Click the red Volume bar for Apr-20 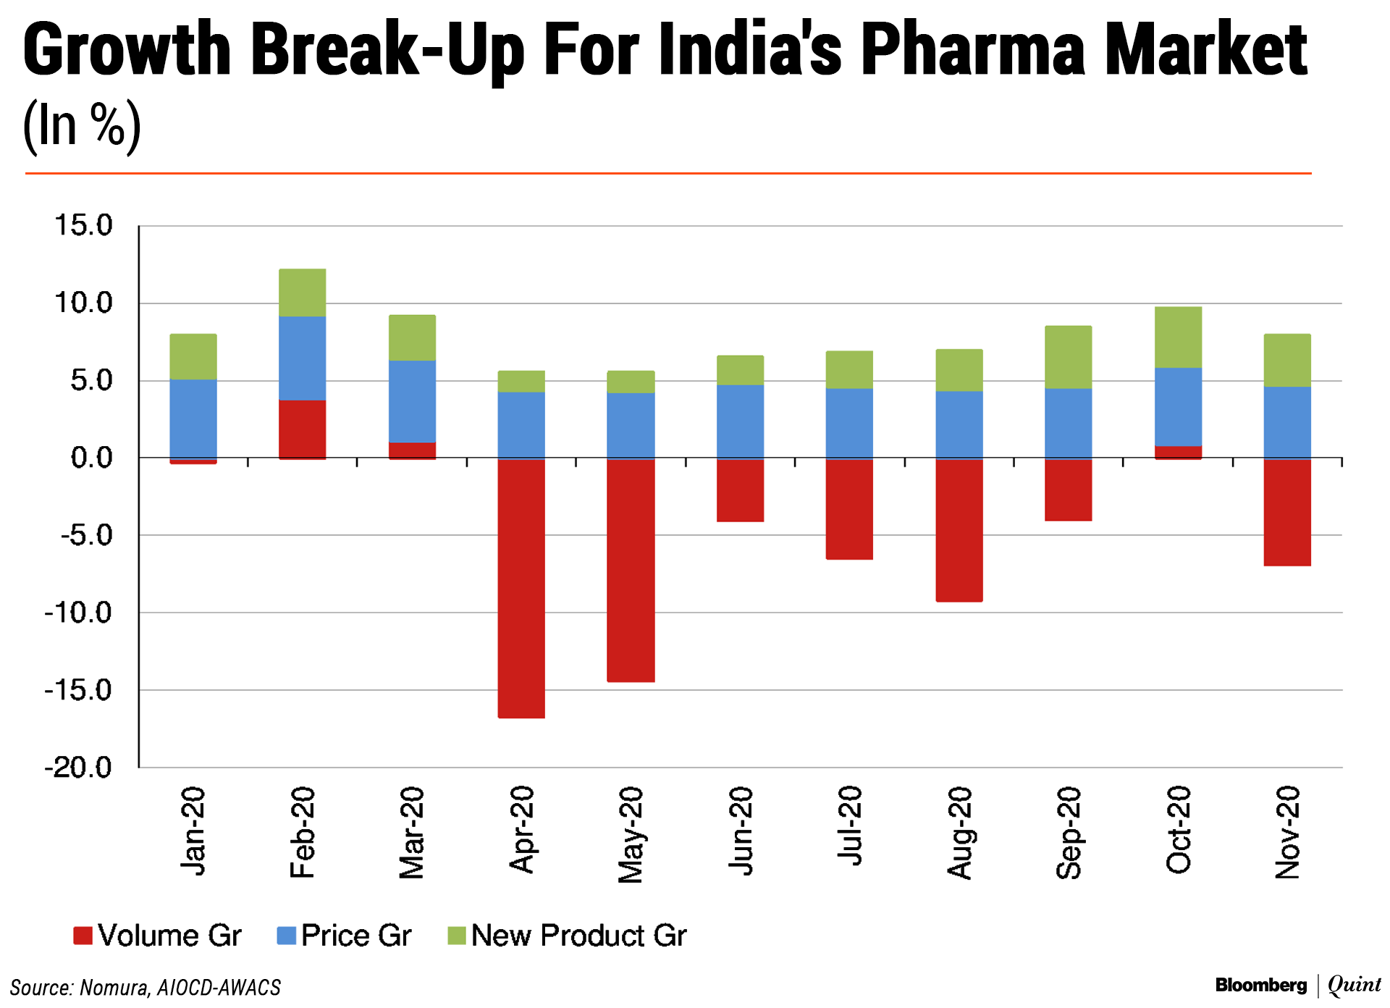point(521,588)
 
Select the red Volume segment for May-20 point(631,570)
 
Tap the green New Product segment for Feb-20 point(302,293)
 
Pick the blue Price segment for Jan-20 point(193,419)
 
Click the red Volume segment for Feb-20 point(302,429)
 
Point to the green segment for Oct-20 point(1179,337)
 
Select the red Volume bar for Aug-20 point(959,530)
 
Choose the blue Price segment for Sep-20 point(1069,424)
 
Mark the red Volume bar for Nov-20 point(1287,512)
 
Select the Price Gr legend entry point(345,936)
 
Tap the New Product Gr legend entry point(568,936)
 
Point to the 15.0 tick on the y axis point(84,225)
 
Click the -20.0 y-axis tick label point(79,767)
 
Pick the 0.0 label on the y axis point(92,458)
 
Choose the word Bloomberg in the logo point(1261,985)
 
